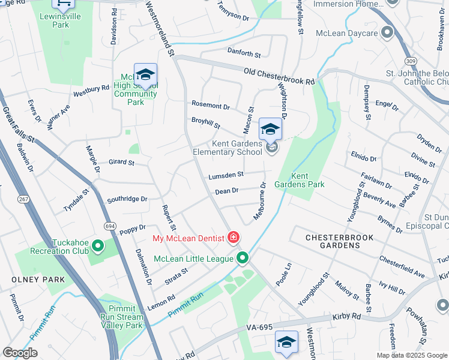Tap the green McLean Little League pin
[x=243, y=258]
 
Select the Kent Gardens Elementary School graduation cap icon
[x=270, y=130]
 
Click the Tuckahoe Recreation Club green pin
[x=96, y=246]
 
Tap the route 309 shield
[x=411, y=61]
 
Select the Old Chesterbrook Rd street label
[x=279, y=76]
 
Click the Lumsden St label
[x=226, y=175]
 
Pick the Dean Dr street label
[x=227, y=191]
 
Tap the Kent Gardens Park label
[x=307, y=180]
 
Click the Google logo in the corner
[x=20, y=352]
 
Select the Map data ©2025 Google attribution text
[x=412, y=355]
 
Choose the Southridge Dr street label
[x=127, y=199]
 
